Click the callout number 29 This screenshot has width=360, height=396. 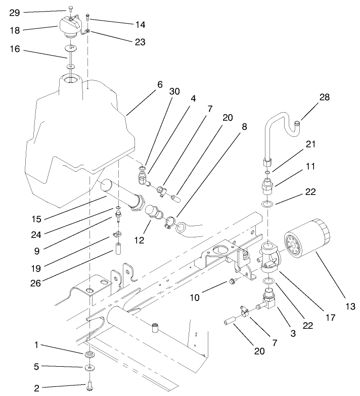pos(15,12)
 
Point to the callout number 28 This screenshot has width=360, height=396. pos(324,97)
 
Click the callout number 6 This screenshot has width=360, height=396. pos(160,84)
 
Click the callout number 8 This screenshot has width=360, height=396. pos(244,127)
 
